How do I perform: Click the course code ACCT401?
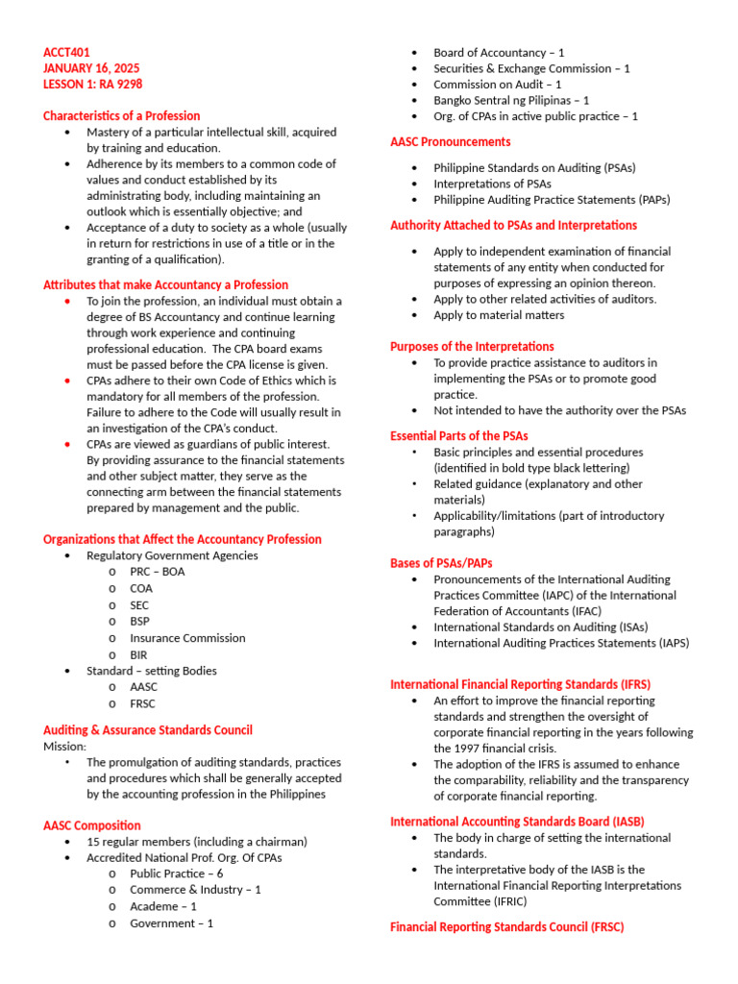point(67,52)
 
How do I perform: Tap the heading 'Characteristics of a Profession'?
point(121,115)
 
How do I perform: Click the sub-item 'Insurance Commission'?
point(187,638)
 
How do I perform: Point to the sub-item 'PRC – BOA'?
point(158,572)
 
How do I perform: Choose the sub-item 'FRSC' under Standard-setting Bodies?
point(143,703)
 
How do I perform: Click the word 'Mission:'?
point(64,746)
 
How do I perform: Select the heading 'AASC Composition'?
point(91,825)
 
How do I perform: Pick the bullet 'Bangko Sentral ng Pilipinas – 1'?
point(511,100)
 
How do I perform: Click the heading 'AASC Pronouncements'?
point(450,142)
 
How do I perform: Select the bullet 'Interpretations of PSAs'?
point(492,184)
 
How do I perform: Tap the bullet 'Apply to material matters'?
point(499,315)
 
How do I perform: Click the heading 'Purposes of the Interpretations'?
point(472,346)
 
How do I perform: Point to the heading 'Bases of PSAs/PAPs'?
point(441,563)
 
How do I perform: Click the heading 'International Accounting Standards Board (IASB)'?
point(517,822)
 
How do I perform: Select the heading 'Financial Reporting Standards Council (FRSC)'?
point(506,927)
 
